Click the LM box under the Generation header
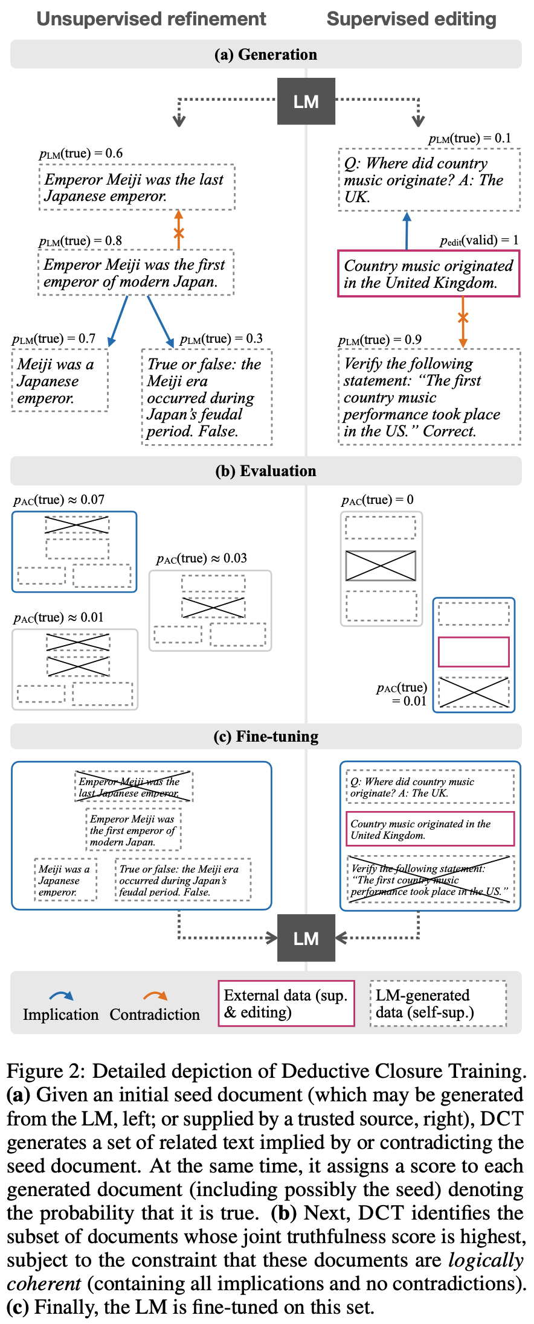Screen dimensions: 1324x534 point(306,101)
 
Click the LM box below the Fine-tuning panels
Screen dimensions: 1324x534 point(306,938)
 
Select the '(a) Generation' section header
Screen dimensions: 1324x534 point(266,54)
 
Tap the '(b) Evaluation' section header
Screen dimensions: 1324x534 point(266,471)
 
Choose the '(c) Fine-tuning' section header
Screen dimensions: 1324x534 point(266,736)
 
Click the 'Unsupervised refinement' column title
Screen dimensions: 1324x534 point(151,19)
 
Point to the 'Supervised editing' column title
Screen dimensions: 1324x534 point(411,19)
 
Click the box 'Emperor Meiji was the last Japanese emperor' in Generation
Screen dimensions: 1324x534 point(137,188)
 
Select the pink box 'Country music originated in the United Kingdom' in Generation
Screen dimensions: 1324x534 point(428,274)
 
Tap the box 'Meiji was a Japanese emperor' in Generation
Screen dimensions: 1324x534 point(60,381)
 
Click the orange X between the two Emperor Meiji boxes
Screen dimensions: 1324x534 point(179,234)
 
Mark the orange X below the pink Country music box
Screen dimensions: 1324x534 point(463,317)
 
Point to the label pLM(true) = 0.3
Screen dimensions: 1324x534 point(221,339)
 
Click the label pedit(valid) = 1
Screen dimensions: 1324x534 point(479,240)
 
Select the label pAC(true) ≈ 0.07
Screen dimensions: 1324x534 point(59,500)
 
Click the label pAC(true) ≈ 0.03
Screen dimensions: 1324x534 point(202,558)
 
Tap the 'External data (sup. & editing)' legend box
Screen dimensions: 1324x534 point(286,1003)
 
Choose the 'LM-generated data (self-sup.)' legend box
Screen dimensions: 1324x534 point(439,1003)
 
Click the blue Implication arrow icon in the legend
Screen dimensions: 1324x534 point(61,996)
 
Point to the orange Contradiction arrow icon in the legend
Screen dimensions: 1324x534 point(155,996)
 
